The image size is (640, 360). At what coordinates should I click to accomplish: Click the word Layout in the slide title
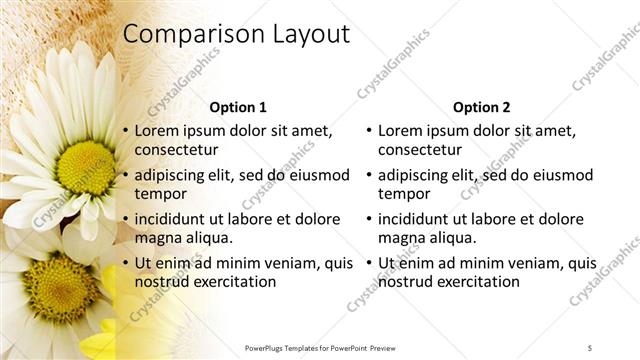pos(311,34)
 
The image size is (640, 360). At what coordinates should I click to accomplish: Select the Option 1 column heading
pos(238,107)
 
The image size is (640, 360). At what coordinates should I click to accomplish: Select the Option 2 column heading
pos(481,107)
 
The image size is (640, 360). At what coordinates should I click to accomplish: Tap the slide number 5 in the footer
pos(590,347)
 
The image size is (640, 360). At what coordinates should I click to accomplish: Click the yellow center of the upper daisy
pos(86,166)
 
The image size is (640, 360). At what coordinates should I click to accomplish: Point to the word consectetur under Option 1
pos(176,150)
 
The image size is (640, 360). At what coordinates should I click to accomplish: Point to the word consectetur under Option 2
pos(419,150)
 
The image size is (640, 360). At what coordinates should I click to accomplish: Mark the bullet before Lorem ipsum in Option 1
pos(125,131)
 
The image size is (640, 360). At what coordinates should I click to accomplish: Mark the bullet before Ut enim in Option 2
pos(368,263)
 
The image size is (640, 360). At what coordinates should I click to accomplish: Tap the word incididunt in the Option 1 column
pos(173,219)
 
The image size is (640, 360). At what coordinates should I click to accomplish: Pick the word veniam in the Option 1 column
pos(284,263)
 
